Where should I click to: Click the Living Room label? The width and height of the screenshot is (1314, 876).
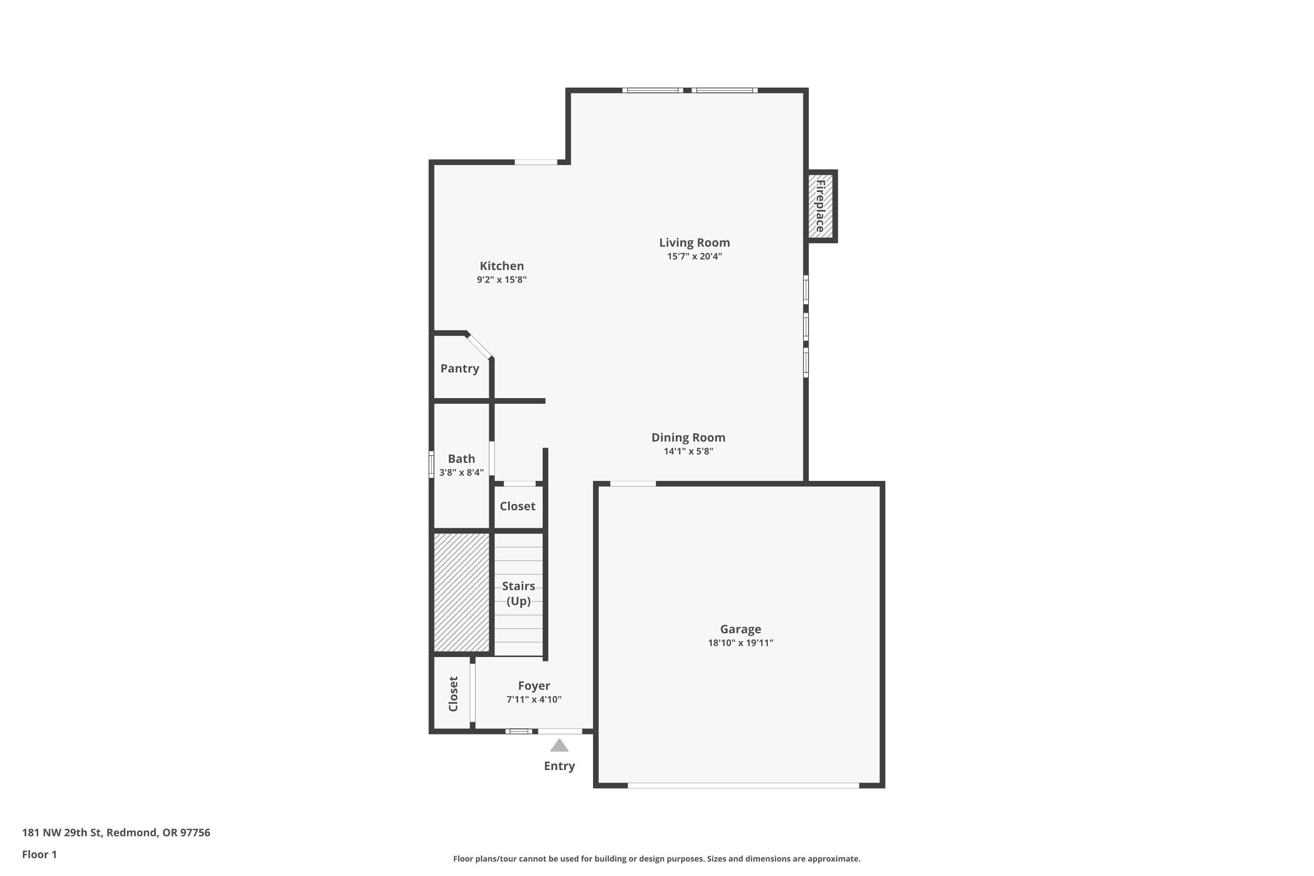(694, 243)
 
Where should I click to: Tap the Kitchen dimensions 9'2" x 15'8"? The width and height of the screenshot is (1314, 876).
(502, 280)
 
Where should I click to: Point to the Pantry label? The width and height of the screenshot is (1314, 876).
(459, 369)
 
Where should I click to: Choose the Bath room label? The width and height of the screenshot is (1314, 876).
(462, 459)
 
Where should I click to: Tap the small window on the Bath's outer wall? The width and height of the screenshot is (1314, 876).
(431, 464)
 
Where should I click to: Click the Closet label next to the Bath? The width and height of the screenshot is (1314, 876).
(517, 506)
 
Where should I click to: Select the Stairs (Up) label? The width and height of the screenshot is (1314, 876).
(519, 593)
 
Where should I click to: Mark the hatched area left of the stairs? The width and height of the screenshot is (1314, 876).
(462, 592)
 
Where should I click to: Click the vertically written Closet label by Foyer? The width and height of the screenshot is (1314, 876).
(453, 694)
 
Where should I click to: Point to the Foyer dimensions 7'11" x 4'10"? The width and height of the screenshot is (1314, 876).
(533, 699)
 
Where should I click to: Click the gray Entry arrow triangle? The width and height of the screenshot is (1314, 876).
(559, 746)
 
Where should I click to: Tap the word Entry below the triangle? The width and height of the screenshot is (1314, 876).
(559, 766)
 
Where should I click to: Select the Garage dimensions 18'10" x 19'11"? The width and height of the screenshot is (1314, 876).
(740, 643)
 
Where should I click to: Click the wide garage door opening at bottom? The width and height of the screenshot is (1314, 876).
(743, 785)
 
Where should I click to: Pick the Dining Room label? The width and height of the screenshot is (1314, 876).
(688, 438)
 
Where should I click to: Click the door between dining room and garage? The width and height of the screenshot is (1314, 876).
(632, 484)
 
